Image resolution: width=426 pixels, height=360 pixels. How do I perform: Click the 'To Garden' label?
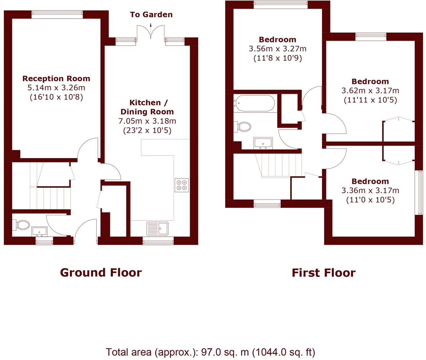151,15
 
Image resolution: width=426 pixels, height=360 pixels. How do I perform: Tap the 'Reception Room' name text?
56,79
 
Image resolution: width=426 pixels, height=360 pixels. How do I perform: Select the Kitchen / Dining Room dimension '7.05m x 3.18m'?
147,121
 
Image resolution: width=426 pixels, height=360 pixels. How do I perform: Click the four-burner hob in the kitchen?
182,185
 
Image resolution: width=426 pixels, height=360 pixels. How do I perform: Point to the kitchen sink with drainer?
157,228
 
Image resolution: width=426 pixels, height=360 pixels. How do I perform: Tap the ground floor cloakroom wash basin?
39,231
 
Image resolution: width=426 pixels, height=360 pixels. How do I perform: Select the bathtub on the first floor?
254,103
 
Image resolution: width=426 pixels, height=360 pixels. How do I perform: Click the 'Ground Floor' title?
101,273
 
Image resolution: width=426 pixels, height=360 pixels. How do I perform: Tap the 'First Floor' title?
323,273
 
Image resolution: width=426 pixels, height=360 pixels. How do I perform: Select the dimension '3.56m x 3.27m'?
277,49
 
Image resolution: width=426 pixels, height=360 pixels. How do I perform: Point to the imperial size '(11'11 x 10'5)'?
370,100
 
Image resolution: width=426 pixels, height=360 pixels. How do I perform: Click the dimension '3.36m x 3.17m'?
370,191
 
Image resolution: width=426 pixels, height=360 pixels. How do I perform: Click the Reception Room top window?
57,15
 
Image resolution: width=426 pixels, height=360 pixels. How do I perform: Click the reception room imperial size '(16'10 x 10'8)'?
56,97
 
